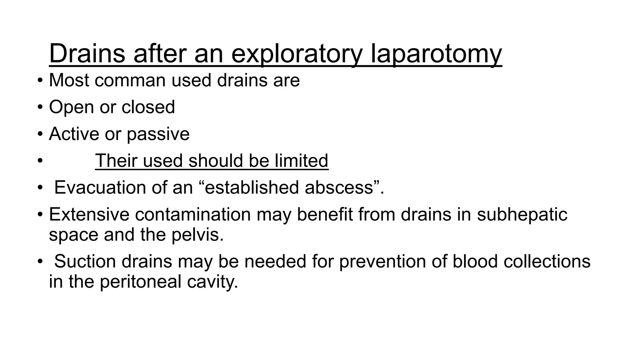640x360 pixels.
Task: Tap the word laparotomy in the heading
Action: (436, 54)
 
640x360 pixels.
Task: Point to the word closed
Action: (148, 107)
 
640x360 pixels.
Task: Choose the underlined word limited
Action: (302, 161)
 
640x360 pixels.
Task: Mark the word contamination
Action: (193, 215)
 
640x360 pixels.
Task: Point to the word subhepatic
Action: (522, 215)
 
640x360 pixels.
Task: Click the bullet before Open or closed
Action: (40, 107)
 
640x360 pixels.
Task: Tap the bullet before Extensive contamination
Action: (40, 215)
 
